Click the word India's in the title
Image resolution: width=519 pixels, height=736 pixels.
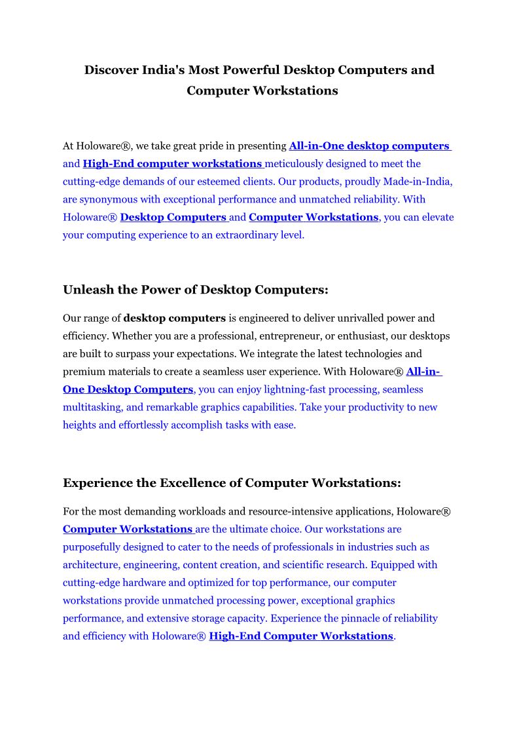pos(164,70)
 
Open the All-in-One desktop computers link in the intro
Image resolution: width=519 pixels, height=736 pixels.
pos(369,146)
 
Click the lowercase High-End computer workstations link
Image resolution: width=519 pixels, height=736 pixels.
pos(172,164)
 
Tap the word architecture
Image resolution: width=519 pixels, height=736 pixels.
pos(90,565)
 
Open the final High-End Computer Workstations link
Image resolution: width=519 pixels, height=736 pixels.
pos(301,636)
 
